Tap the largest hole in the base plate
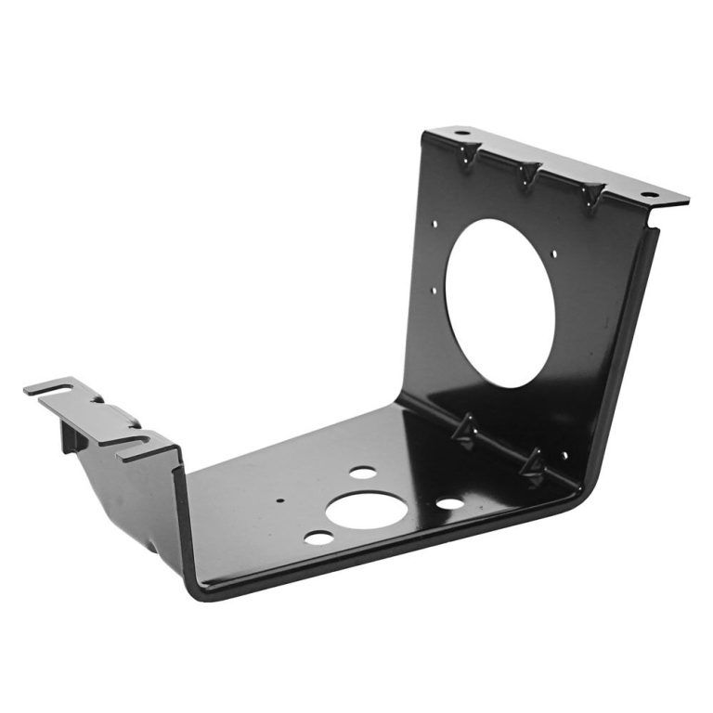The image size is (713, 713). click(x=364, y=510)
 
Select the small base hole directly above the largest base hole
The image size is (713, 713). click(x=363, y=473)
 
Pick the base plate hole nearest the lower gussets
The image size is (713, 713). click(x=449, y=504)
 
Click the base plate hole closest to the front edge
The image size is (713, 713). click(x=318, y=538)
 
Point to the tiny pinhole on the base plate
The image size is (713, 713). click(x=280, y=499)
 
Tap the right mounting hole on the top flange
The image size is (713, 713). click(x=647, y=195)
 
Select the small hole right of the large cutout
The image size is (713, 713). click(x=555, y=253)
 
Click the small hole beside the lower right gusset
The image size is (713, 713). click(x=563, y=456)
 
